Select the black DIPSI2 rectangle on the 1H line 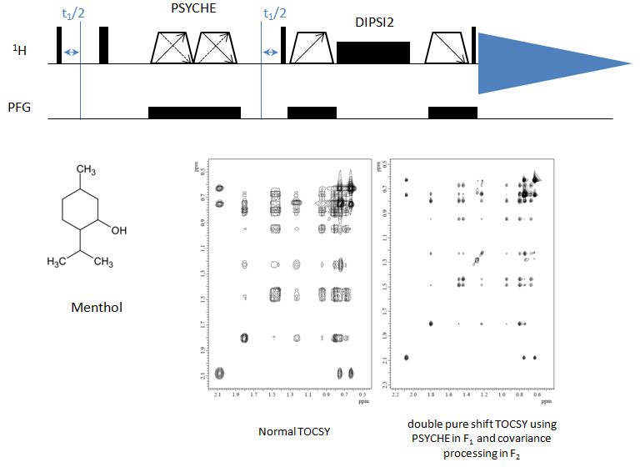(373, 53)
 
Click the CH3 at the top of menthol (87, 170)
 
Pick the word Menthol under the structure (97, 308)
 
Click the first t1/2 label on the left (72, 13)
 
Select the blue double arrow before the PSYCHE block (72, 53)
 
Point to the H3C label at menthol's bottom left (59, 263)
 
